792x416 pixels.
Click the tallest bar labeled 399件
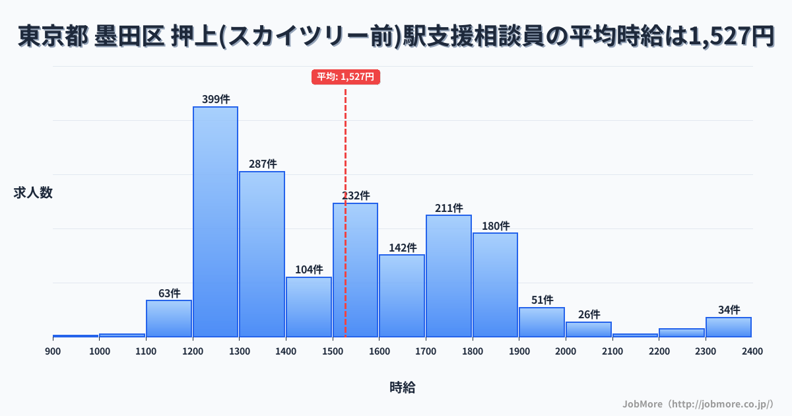pyautogui.click(x=215, y=221)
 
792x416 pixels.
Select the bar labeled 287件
pyautogui.click(x=262, y=254)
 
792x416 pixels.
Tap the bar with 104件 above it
pyautogui.click(x=308, y=307)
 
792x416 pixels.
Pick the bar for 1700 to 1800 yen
pyautogui.click(x=449, y=276)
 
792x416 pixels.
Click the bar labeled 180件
pyautogui.click(x=495, y=285)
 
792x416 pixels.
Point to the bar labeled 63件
pyautogui.click(x=169, y=318)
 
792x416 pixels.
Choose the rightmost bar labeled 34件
pyautogui.click(x=729, y=327)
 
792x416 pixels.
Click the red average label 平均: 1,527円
pyautogui.click(x=346, y=77)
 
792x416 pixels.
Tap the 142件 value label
pyautogui.click(x=402, y=248)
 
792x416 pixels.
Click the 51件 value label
pyautogui.click(x=542, y=300)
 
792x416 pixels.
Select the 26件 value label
pyautogui.click(x=589, y=314)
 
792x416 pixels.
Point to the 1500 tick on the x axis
pyautogui.click(x=333, y=351)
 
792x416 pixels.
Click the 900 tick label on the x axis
pyautogui.click(x=53, y=351)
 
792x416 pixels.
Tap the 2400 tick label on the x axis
pyautogui.click(x=752, y=351)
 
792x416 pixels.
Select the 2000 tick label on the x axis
pyautogui.click(x=566, y=351)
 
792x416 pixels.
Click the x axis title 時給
pyautogui.click(x=402, y=388)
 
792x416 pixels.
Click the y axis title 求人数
pyautogui.click(x=33, y=193)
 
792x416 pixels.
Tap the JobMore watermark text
pyautogui.click(x=698, y=403)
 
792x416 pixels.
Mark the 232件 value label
pyautogui.click(x=356, y=196)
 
